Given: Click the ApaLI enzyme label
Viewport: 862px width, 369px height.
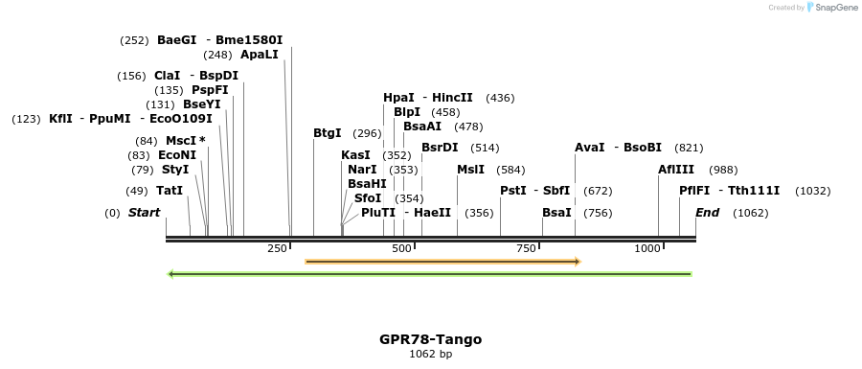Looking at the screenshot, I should pos(259,55).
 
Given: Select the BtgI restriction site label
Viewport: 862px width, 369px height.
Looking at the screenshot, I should pos(327,133).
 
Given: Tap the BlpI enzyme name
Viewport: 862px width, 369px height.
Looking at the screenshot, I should pos(407,112).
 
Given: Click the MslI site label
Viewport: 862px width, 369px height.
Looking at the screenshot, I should pos(470,170).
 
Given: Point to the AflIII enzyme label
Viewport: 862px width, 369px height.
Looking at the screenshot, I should pos(675,170).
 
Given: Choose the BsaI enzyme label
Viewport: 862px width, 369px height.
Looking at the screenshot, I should pos(556,213).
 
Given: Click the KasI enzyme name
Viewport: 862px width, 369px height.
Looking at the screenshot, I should pos(355,155).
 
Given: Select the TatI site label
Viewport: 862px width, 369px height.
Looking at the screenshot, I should pos(170,191).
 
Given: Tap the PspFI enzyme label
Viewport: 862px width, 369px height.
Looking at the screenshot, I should pos(210,90).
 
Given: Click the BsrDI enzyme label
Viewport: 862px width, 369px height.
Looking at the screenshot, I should pos(440,148).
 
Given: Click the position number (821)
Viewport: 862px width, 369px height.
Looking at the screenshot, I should pos(689,148).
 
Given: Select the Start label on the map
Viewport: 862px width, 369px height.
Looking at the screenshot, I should pos(144,213).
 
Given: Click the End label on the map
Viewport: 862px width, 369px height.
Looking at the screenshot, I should pos(707,213).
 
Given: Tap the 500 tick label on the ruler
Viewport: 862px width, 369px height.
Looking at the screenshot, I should pos(401,248).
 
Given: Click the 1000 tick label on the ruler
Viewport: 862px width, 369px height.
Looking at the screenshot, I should pos(647,248).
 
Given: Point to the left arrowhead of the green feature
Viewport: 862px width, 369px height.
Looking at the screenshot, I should pos(170,274).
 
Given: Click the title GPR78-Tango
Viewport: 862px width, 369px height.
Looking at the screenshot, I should pos(430,339).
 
